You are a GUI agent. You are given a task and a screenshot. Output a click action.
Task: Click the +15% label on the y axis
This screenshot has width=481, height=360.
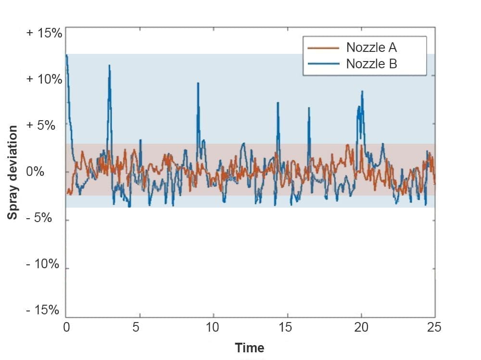(x=44, y=33)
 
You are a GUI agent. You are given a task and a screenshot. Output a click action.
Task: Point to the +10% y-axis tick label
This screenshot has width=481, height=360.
(x=44, y=79)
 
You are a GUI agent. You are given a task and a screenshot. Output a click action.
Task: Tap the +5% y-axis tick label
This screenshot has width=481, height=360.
(x=41, y=125)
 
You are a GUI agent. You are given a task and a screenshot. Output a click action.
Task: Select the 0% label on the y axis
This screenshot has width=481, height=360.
(x=35, y=172)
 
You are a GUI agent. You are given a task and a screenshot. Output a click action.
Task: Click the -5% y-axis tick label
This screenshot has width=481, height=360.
(x=39, y=218)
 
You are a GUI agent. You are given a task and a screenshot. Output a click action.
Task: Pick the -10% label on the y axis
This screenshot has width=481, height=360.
(x=42, y=264)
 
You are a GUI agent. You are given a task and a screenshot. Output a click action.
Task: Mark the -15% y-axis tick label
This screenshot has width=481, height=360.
(x=42, y=310)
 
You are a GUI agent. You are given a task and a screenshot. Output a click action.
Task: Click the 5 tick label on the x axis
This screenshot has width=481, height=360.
(x=136, y=327)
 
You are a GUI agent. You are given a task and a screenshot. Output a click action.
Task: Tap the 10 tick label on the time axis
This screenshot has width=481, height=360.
(x=212, y=327)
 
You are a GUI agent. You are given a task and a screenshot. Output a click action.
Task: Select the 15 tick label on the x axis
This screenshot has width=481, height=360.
(x=285, y=327)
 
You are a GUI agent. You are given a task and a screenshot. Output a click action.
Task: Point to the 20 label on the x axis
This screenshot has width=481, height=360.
(x=361, y=327)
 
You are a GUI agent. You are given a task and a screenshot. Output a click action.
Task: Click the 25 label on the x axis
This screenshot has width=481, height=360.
(x=434, y=327)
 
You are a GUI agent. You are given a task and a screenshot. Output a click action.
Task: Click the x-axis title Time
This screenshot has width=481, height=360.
(x=249, y=348)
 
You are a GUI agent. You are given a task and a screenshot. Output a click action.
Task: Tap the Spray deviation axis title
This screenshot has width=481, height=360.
(x=13, y=173)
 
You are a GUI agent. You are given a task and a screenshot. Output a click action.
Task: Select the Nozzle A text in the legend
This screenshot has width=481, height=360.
(x=371, y=48)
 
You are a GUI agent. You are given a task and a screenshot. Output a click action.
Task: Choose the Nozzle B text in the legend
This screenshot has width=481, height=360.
(x=371, y=64)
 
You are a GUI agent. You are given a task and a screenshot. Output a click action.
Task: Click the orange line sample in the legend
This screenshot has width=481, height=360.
(x=323, y=48)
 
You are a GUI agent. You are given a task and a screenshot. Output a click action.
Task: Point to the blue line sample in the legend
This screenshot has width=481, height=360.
(x=323, y=64)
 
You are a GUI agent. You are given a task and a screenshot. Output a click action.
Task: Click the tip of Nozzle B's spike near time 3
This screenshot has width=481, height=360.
(x=109, y=65)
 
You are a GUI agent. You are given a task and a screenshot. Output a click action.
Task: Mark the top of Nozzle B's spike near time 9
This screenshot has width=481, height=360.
(x=198, y=83)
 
